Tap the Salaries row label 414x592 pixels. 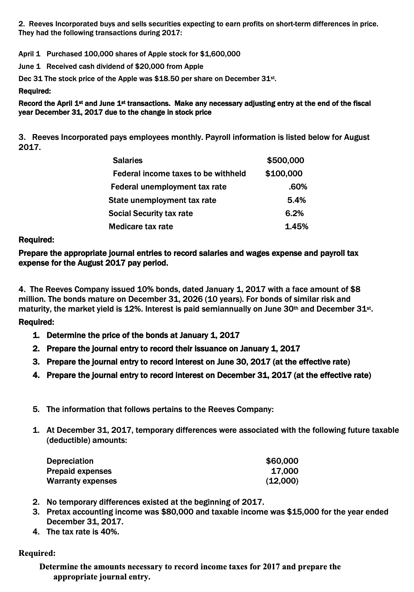pos(128,160)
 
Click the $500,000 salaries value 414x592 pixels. pos(286,160)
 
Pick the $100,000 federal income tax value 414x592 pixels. pos(284,174)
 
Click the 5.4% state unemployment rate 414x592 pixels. pos(296,200)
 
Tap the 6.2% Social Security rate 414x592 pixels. pos(294,213)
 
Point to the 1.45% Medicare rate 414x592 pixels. pos(296,227)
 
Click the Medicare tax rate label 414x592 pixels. pos(141,227)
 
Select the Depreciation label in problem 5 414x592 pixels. pos(70,461)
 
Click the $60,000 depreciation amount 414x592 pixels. pos(282,461)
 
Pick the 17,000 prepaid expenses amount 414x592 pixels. pos(285,471)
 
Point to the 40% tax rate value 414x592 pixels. pos(109,532)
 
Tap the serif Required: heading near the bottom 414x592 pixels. pos(37,553)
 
